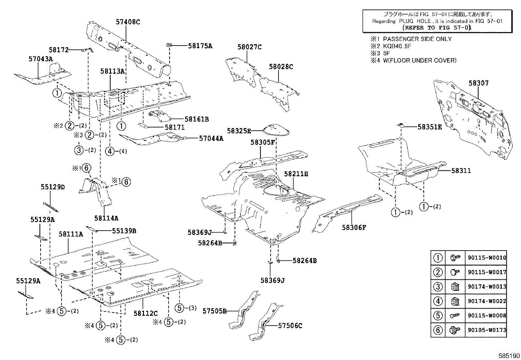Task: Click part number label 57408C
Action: click(x=128, y=22)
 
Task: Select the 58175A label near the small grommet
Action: click(x=200, y=46)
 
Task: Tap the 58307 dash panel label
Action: click(x=478, y=83)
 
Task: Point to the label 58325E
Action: click(x=239, y=131)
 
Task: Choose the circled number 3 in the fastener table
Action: click(x=438, y=287)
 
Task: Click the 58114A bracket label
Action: click(x=106, y=218)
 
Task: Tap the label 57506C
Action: click(x=290, y=326)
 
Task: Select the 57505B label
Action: click(x=214, y=311)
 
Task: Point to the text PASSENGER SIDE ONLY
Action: click(x=417, y=39)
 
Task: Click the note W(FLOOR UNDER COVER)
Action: click(x=420, y=60)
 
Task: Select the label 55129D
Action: click(x=53, y=187)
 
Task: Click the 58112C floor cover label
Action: click(x=145, y=313)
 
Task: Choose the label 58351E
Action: click(x=429, y=127)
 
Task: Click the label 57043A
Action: click(x=41, y=59)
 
